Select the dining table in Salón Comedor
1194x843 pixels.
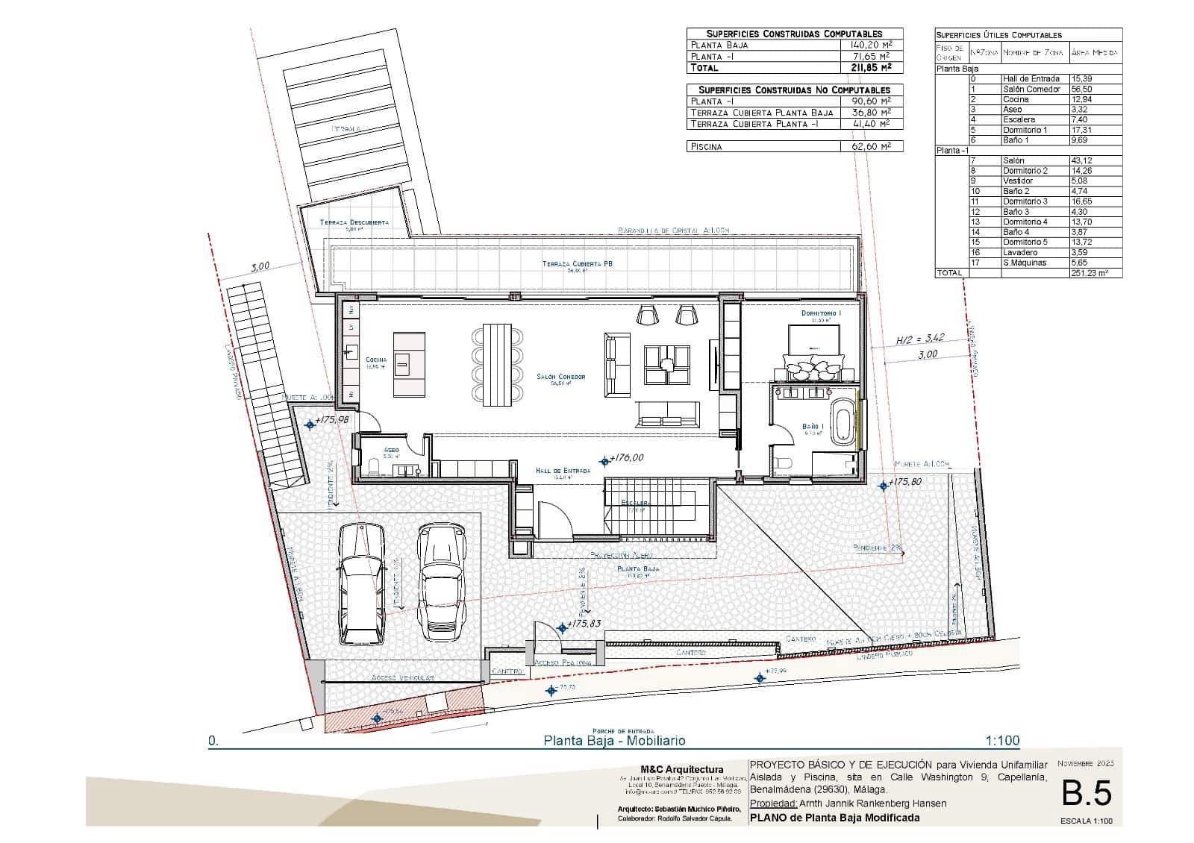pos(497,364)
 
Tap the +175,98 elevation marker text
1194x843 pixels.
pos(331,420)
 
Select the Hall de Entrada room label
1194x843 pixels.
pos(563,471)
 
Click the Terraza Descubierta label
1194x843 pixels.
pos(354,222)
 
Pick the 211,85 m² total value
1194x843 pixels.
pos(872,67)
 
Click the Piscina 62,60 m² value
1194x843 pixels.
pos(872,147)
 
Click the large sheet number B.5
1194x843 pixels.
pos(1087,792)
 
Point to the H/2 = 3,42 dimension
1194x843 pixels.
pos(920,338)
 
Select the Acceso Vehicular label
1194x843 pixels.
pos(402,678)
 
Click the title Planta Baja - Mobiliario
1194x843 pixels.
pos(613,741)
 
